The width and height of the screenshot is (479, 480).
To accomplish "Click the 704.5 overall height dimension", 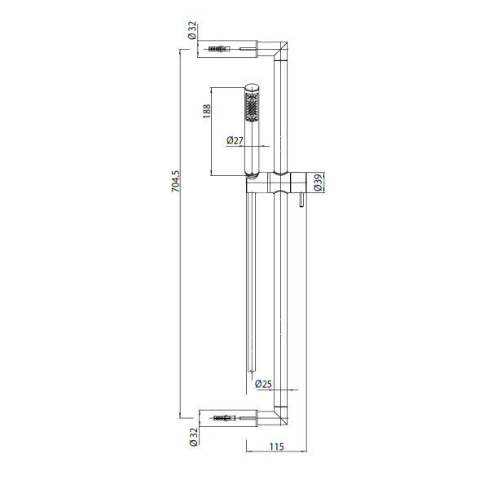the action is [176, 181].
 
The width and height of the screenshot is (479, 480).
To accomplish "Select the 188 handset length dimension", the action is [207, 112].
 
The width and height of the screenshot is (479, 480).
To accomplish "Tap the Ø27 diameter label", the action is [235, 140].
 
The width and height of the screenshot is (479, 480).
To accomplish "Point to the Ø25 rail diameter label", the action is [263, 384].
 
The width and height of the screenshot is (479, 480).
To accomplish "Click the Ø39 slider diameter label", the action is [318, 183].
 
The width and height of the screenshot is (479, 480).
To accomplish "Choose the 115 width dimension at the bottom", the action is [277, 447].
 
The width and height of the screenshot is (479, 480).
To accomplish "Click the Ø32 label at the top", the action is [192, 30].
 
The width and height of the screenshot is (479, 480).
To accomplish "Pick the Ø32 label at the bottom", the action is [193, 437].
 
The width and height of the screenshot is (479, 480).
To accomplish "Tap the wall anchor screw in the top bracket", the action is [219, 49].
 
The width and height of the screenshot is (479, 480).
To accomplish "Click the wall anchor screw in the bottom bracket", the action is [225, 418].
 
